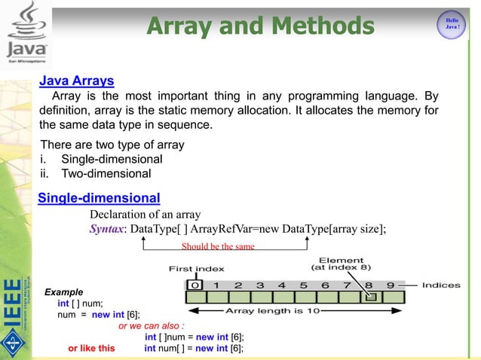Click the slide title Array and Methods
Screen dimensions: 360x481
point(260,27)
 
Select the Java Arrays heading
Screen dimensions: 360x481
point(76,81)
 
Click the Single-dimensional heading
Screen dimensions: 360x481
point(99,198)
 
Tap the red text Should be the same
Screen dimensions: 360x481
point(218,246)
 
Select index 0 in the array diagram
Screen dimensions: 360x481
point(195,285)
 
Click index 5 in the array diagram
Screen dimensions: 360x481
point(304,285)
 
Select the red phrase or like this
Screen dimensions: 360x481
point(91,349)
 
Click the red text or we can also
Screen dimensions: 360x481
point(151,326)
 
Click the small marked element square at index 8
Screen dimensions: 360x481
point(369,297)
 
